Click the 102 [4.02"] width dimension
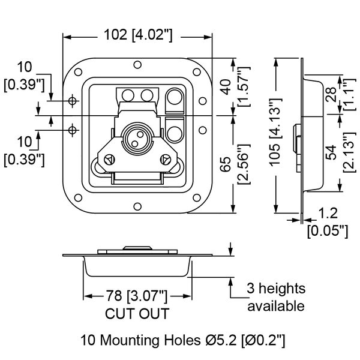click(x=138, y=35)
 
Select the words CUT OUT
click(x=137, y=314)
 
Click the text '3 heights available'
click(x=276, y=298)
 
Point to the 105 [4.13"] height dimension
click(x=275, y=133)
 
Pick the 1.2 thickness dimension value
click(x=328, y=213)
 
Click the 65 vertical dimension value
click(x=226, y=164)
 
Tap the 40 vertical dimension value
click(x=226, y=87)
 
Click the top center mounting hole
click(x=137, y=65)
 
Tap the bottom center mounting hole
click(x=137, y=206)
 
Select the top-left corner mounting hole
click(x=78, y=72)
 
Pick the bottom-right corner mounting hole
click(x=197, y=197)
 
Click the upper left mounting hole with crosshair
click(x=73, y=101)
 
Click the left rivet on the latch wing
click(x=109, y=160)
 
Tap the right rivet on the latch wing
click(x=166, y=160)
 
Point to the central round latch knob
click(x=137, y=137)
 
